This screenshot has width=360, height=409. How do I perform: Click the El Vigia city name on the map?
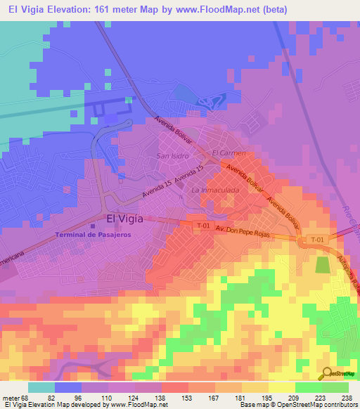point(124,219)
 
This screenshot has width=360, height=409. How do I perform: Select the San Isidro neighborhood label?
point(172,155)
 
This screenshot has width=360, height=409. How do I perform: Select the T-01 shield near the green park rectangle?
point(317,240)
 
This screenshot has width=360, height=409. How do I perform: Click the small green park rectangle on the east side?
point(322,265)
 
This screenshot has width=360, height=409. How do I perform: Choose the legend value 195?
point(257,398)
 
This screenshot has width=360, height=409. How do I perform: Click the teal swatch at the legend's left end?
point(41,387)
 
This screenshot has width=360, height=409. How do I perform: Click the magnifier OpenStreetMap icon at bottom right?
point(328,374)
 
